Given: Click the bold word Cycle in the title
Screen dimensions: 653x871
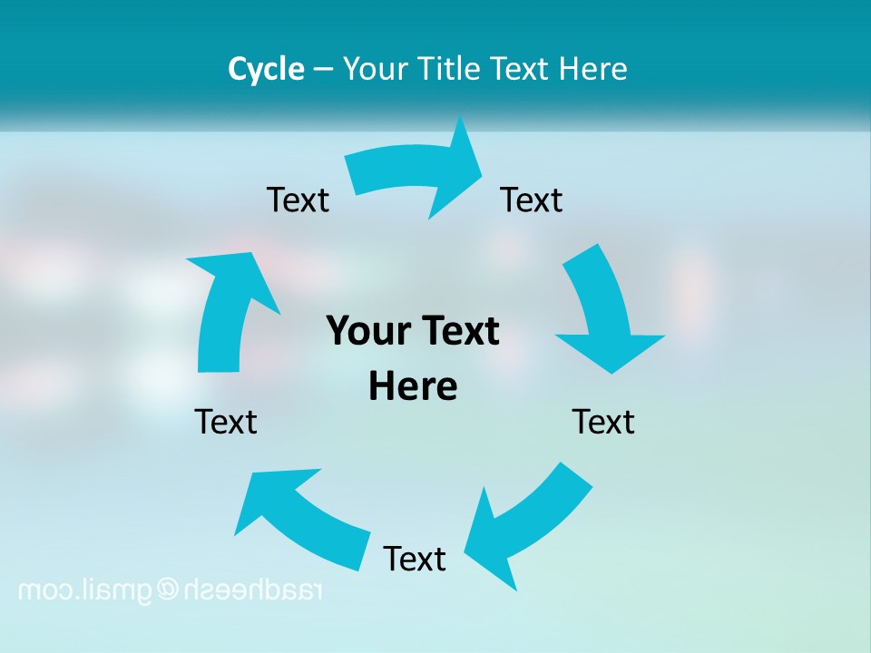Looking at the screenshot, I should coord(266,69).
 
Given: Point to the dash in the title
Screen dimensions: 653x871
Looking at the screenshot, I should coord(324,70).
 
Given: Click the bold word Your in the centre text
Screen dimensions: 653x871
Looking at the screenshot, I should coord(366,331).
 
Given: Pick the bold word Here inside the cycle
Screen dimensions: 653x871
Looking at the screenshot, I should coord(413,386).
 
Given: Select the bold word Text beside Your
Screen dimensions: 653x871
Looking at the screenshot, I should coord(458,331).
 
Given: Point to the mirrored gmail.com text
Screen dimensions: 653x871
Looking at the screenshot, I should coord(86,590).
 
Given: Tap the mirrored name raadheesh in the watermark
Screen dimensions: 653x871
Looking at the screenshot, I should coord(254,590).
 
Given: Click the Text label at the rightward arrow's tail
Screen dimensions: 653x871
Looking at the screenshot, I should coord(298,200).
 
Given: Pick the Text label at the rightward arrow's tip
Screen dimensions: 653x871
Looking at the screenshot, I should coord(532,200).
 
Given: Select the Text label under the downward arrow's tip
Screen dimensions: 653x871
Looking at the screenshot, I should coord(603,422).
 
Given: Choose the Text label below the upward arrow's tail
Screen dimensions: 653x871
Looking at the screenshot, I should coord(226,422).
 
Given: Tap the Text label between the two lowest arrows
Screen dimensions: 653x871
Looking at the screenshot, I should coord(415,559).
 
